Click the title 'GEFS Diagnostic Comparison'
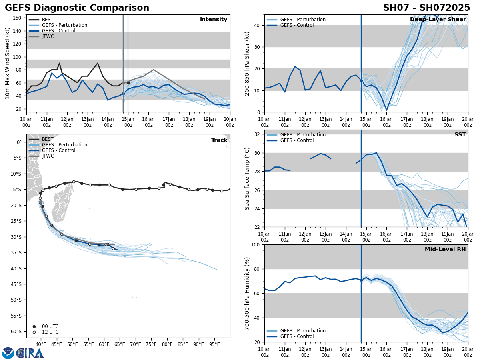click(x=77, y=8)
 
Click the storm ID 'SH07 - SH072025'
click(x=426, y=8)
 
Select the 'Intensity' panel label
click(x=214, y=20)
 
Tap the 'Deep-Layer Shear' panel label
click(x=438, y=20)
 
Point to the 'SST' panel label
click(x=460, y=135)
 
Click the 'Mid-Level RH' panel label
click(x=445, y=250)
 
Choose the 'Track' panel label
click(x=219, y=140)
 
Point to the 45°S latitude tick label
click(x=16, y=284)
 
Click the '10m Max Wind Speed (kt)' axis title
click(x=8, y=63)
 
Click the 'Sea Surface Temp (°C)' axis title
click(x=247, y=178)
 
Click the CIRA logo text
click(x=30, y=353)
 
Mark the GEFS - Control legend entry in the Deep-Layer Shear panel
click(x=297, y=25)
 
